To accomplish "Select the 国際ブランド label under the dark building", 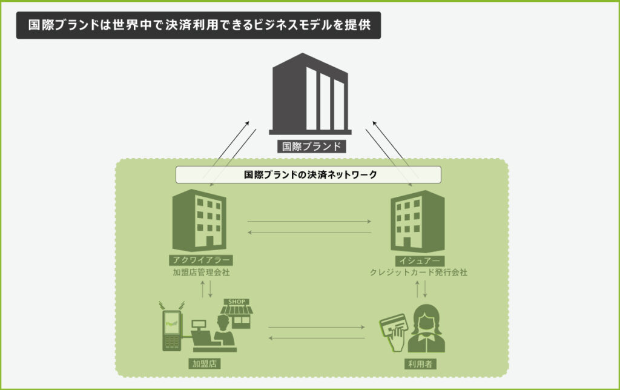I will pos(310,146).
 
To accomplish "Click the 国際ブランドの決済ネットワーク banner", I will pos(309,174).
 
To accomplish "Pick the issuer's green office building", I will pos(418,220).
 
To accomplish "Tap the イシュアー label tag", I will pos(418,260).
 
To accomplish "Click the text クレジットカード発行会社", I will pos(418,273).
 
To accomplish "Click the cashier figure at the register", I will pos(222,334).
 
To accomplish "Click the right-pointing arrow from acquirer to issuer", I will pos(309,222).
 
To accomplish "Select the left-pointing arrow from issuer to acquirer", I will pos(309,232).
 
